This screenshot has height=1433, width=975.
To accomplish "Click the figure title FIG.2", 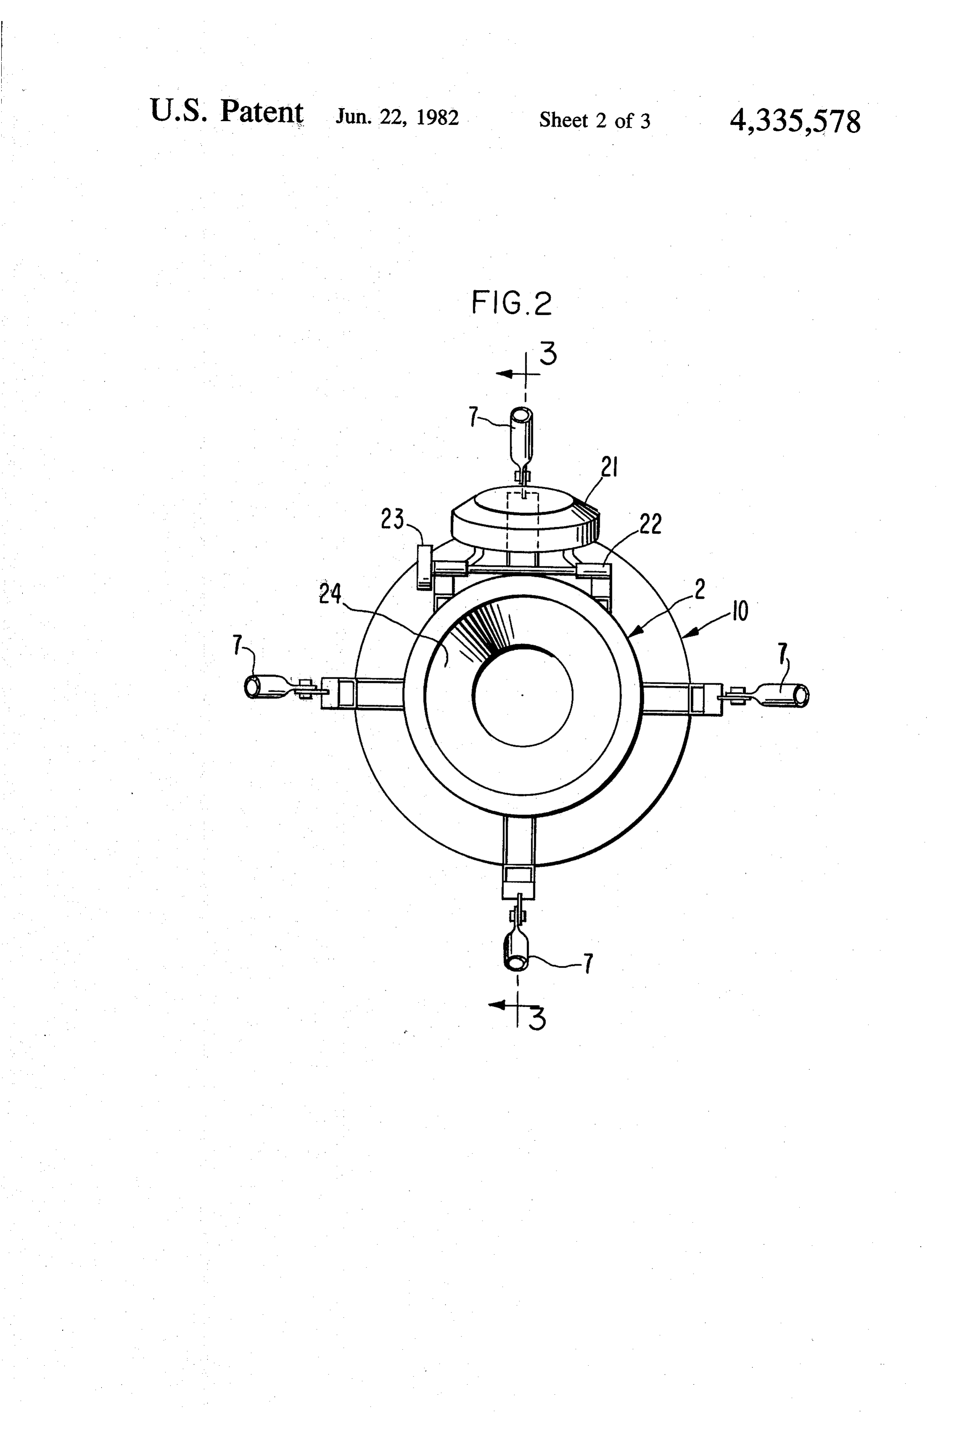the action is tap(511, 303).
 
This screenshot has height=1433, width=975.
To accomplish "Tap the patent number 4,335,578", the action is tap(795, 121).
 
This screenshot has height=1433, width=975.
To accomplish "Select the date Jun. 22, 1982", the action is tap(397, 117).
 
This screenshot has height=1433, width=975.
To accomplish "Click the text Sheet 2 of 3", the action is tap(595, 119).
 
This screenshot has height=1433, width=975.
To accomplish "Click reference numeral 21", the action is tap(609, 468).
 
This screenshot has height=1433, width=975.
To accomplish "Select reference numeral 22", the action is tap(650, 523).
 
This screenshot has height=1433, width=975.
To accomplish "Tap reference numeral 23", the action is tap(392, 519).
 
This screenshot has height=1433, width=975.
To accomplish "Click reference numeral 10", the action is tap(740, 611).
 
